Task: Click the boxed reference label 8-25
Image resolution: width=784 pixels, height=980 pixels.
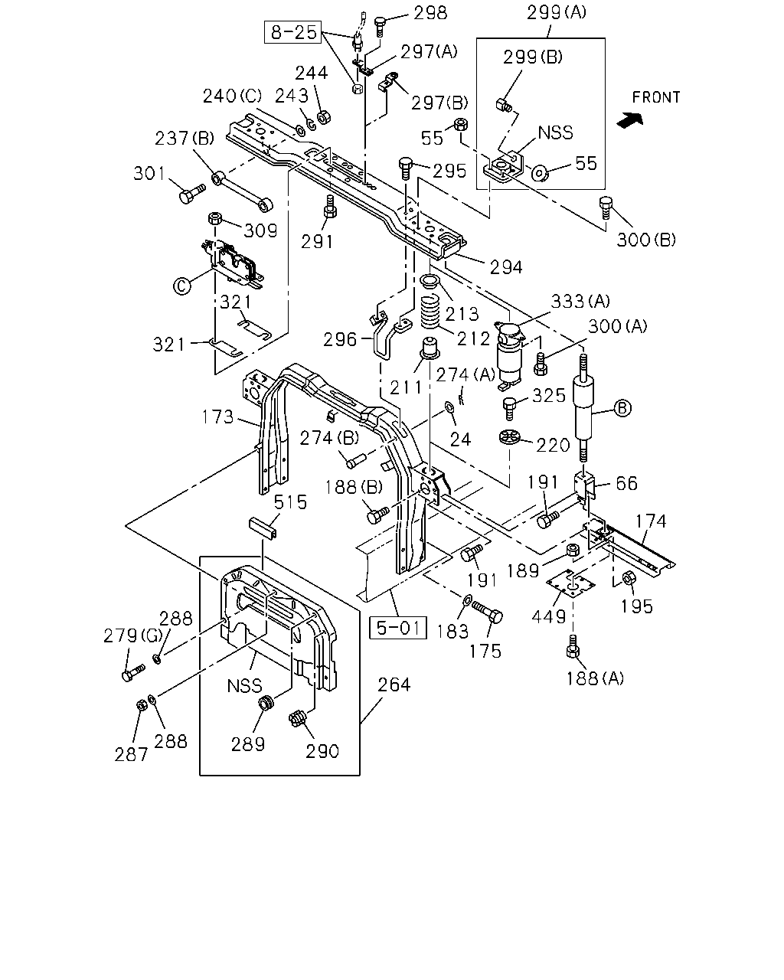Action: [293, 32]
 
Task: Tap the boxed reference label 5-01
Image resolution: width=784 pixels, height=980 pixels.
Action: [397, 628]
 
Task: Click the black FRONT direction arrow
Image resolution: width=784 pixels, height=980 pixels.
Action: [629, 119]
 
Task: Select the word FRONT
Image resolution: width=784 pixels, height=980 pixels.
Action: [656, 97]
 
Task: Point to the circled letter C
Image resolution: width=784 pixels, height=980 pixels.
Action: [181, 286]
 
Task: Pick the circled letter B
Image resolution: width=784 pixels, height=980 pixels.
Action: [622, 407]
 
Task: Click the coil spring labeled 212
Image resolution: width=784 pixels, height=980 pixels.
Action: [430, 312]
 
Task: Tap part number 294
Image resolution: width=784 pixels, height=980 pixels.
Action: [505, 267]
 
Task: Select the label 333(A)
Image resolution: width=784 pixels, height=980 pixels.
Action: [580, 301]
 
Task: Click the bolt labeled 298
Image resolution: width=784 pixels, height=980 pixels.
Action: [381, 27]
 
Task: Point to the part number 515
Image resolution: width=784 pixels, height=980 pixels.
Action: [290, 502]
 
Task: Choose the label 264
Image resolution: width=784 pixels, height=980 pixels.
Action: [394, 684]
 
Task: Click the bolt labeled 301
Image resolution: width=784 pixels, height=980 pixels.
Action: [191, 194]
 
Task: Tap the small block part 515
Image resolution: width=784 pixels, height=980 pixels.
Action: [263, 528]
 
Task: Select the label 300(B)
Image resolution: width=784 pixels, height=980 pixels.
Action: [646, 240]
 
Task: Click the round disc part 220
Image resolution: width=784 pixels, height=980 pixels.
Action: [509, 437]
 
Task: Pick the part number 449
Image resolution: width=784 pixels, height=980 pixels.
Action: [548, 617]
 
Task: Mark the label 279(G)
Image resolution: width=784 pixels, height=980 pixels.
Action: [132, 635]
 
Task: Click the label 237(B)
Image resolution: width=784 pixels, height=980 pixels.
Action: [184, 138]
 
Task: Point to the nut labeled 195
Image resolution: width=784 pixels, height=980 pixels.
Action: [628, 578]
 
